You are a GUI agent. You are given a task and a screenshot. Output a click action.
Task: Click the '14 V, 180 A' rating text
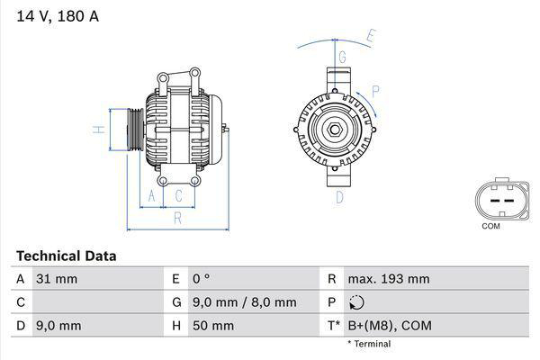[x=55, y=14]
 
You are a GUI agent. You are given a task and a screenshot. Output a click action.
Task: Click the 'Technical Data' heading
[x=66, y=256]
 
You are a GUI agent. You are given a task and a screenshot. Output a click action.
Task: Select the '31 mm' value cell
[x=56, y=279]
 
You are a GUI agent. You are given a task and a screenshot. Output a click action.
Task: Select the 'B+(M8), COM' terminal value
[x=388, y=326]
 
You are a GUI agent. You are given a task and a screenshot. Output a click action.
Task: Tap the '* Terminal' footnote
[x=368, y=344]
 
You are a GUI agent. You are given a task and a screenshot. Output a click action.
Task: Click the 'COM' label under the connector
[x=490, y=226]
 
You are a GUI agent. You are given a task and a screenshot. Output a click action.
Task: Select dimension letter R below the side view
[x=178, y=217]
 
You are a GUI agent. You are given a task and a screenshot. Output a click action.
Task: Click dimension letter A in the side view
[x=152, y=195]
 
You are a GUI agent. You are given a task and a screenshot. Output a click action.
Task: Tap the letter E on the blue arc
[x=370, y=37]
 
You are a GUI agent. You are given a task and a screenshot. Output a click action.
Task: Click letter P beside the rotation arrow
[x=375, y=90]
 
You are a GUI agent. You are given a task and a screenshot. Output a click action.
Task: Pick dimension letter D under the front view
[x=340, y=196]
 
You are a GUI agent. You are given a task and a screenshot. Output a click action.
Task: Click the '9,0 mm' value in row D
[x=58, y=326]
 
